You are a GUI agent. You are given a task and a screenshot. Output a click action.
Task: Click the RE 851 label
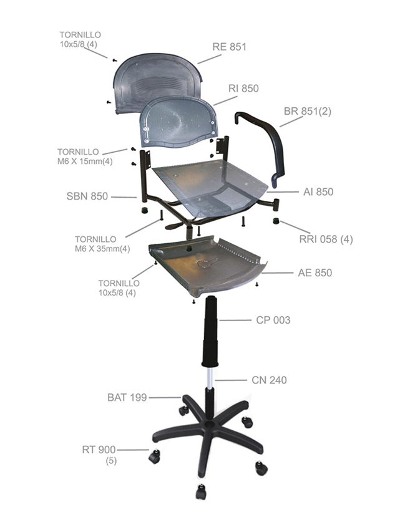click(229, 47)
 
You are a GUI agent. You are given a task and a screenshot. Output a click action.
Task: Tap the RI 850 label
click(243, 88)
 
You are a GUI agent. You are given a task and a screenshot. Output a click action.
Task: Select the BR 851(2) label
click(308, 111)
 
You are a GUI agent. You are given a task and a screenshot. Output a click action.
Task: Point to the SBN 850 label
click(87, 196)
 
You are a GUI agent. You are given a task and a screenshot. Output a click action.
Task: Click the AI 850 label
click(318, 191)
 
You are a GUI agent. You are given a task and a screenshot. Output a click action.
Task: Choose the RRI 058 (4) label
click(326, 239)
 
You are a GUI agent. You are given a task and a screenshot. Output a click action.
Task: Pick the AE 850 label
click(315, 272)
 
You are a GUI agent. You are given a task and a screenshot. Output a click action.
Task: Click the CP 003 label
click(273, 320)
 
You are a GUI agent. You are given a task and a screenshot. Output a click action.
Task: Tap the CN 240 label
click(269, 380)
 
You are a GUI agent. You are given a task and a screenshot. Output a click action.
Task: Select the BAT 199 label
click(127, 397)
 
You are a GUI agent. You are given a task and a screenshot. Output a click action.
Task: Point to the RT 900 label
click(99, 450)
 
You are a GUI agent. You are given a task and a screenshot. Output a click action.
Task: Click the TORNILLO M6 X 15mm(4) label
click(85, 157)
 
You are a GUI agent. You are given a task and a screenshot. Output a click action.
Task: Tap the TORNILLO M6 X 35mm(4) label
click(102, 244)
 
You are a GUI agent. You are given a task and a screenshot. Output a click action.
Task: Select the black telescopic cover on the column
click(210, 331)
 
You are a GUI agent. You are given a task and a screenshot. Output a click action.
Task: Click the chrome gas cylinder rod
click(210, 378)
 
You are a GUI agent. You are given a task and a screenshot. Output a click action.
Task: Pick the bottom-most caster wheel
click(200, 492)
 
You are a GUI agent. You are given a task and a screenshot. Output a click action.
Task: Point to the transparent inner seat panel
click(210, 188)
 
